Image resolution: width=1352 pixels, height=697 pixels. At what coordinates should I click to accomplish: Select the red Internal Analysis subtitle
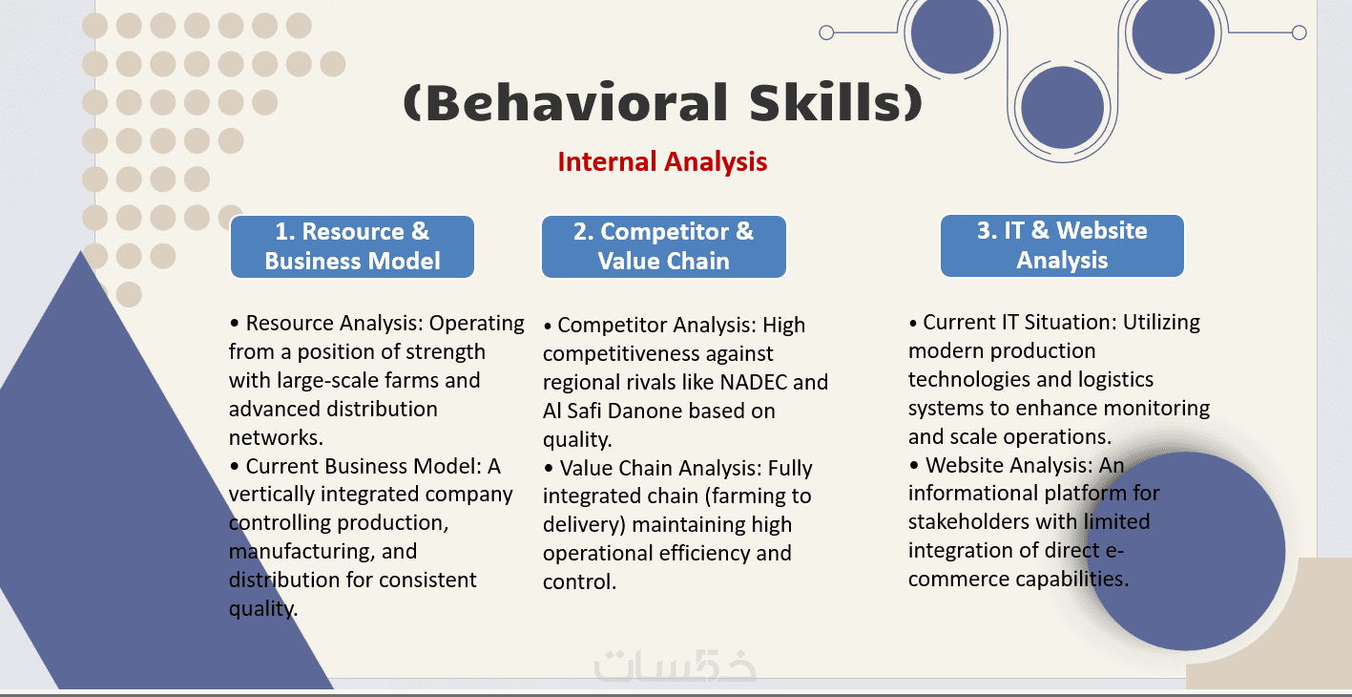tap(662, 162)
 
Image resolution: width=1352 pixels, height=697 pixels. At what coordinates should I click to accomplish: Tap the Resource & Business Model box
tap(352, 246)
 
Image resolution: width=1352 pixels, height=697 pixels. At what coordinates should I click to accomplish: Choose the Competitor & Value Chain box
tap(663, 246)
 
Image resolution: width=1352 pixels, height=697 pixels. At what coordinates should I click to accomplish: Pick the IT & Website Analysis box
tap(1062, 245)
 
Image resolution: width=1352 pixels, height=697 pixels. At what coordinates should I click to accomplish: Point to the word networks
tap(276, 437)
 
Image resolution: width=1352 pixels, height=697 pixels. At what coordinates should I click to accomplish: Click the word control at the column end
tap(579, 581)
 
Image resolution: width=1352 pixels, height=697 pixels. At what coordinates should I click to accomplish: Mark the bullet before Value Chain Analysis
tap(548, 469)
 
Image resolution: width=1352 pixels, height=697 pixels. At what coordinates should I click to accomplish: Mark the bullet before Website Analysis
tap(914, 466)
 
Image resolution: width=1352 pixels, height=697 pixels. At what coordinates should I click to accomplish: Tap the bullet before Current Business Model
tap(234, 467)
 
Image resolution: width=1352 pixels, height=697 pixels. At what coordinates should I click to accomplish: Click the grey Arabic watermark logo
tap(675, 665)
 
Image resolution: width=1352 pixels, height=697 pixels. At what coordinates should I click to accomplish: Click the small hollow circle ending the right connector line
tap(1300, 32)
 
